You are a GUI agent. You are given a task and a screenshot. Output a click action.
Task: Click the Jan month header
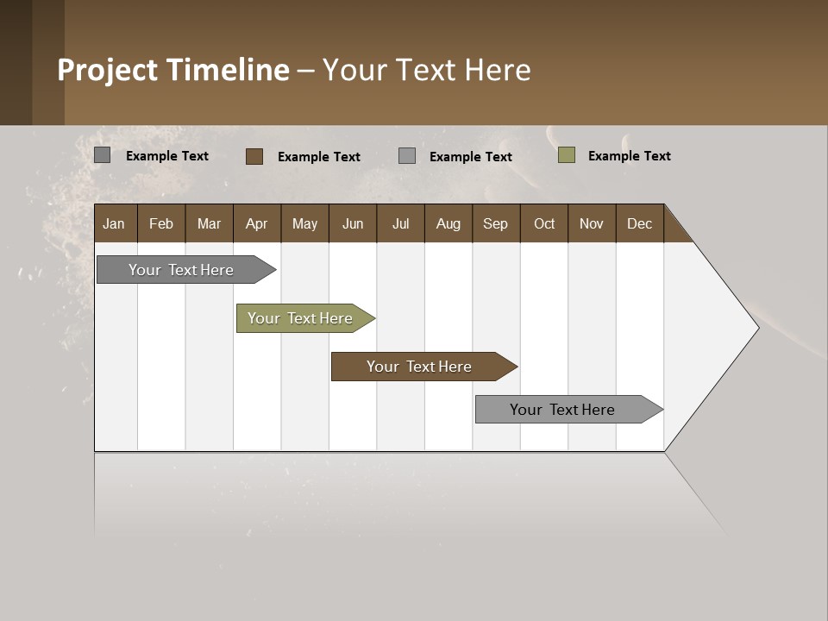click(115, 223)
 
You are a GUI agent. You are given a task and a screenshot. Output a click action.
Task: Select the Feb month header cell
click(161, 223)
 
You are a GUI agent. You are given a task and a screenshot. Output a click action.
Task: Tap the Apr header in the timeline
click(256, 223)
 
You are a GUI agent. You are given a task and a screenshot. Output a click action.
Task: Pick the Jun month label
click(353, 223)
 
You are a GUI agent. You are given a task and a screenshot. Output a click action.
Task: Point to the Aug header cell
click(448, 223)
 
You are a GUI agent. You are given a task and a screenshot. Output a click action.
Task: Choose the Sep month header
click(495, 223)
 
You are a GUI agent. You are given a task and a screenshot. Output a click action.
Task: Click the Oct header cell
click(544, 223)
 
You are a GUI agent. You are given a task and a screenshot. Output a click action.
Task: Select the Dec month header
click(639, 223)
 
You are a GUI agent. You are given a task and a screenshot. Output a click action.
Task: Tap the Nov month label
click(592, 223)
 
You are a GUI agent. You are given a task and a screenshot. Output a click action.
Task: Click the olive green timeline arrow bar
click(302, 318)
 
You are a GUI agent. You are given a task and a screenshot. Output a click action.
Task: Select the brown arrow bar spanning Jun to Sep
click(421, 367)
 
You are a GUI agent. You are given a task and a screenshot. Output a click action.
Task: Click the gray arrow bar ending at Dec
click(565, 410)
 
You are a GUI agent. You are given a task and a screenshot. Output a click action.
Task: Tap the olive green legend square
click(566, 155)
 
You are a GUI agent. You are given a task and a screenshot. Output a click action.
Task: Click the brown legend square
click(254, 156)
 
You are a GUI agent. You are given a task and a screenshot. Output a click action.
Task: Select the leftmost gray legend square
click(102, 155)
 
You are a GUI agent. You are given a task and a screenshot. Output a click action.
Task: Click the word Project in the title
click(108, 70)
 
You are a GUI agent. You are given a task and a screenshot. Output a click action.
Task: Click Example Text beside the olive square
click(629, 156)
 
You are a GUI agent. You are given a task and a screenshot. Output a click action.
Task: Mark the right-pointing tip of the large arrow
click(757, 328)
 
